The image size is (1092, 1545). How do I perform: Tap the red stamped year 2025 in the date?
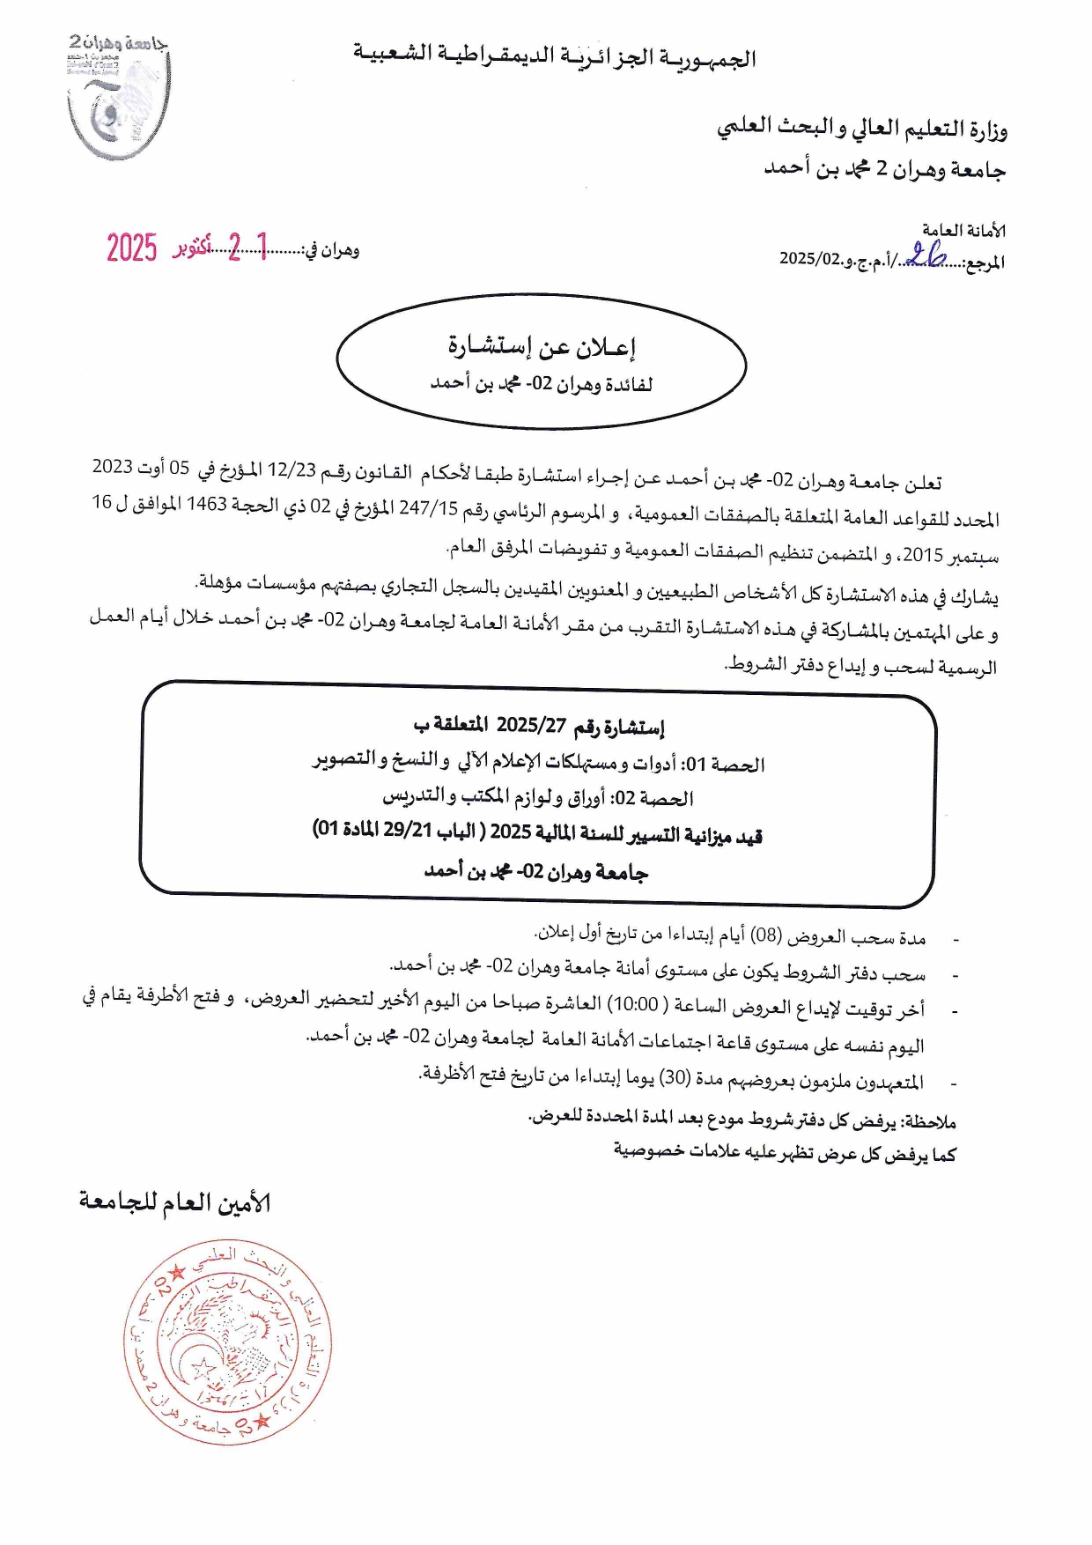(132, 248)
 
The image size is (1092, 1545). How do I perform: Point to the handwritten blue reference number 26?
(926, 255)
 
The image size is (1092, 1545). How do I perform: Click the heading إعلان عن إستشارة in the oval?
(542, 347)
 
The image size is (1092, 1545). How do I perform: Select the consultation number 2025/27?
(531, 726)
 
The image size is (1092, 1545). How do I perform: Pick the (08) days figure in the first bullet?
(765, 935)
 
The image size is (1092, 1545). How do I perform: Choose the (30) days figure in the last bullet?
(675, 1077)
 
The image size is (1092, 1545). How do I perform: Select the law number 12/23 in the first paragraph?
(291, 470)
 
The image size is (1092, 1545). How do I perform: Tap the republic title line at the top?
(555, 56)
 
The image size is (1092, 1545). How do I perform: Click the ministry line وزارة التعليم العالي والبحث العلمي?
(862, 129)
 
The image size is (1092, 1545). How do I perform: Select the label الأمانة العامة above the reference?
(963, 231)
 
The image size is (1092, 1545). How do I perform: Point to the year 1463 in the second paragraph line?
(207, 504)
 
